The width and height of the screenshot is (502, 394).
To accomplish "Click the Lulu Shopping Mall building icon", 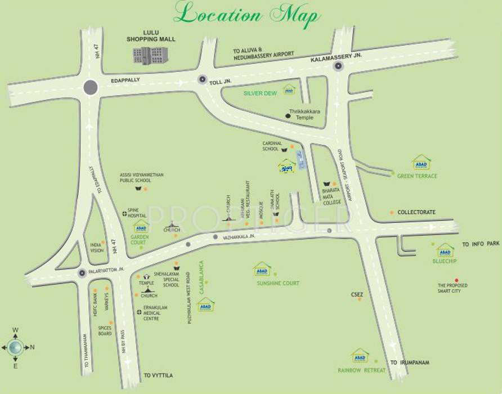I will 150,55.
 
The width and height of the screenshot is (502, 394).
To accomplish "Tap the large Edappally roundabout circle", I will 90,87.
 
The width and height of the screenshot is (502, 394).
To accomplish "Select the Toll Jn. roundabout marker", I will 202,80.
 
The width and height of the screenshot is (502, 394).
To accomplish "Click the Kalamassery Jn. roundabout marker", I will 338,66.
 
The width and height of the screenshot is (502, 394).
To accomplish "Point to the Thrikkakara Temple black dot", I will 288,115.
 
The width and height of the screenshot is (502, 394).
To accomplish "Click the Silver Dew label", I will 260,93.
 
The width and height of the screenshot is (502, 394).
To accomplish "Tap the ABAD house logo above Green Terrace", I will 421,163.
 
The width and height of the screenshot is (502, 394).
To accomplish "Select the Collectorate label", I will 416,213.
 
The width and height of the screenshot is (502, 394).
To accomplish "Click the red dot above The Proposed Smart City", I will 456,280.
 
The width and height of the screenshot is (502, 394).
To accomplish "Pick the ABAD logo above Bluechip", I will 445,250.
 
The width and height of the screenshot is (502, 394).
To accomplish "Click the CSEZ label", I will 356,294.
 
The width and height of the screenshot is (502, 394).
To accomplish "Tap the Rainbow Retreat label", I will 362,370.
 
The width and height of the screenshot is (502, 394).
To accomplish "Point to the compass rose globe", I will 15,347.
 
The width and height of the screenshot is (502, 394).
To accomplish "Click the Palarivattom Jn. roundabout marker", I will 82,273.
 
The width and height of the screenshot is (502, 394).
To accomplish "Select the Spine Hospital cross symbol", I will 124,214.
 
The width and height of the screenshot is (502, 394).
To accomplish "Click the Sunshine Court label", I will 278,283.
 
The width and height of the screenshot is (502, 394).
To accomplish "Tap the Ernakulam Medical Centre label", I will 155,313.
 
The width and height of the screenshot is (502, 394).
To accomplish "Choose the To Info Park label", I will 481,244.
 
